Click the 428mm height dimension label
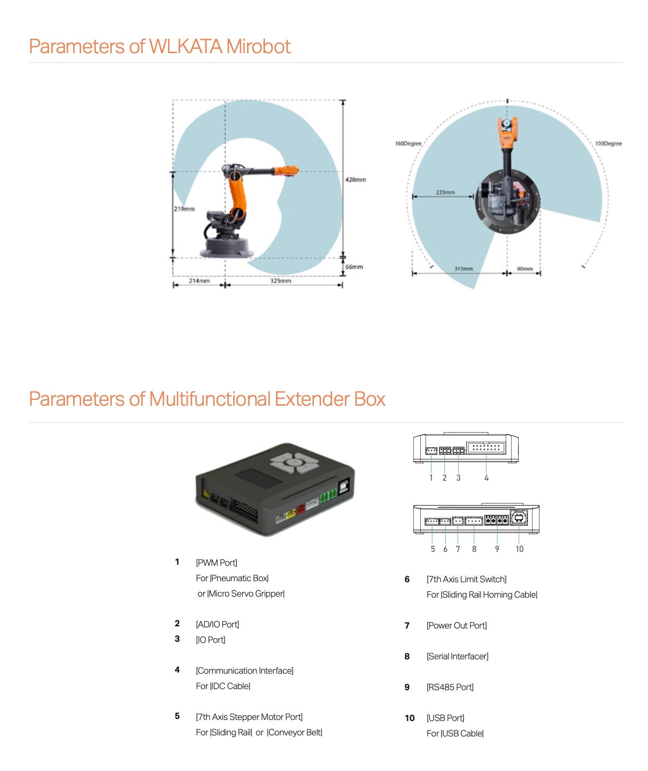[x=355, y=180]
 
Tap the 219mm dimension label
[x=184, y=209]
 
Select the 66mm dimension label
[x=354, y=267]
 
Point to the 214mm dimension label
[x=199, y=281]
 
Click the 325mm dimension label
[x=280, y=281]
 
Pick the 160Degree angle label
[x=408, y=144]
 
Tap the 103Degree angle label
[x=608, y=144]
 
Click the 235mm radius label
[x=445, y=192]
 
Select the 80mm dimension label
[x=525, y=269]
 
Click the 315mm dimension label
[x=463, y=269]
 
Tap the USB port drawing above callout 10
[x=519, y=517]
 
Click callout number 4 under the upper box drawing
[x=486, y=478]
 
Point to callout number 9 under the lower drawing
[x=497, y=549]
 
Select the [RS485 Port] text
[x=450, y=687]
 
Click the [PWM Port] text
[x=216, y=563]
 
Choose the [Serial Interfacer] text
[x=457, y=656]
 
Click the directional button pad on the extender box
[x=294, y=463]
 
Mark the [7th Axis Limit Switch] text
[x=466, y=579]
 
